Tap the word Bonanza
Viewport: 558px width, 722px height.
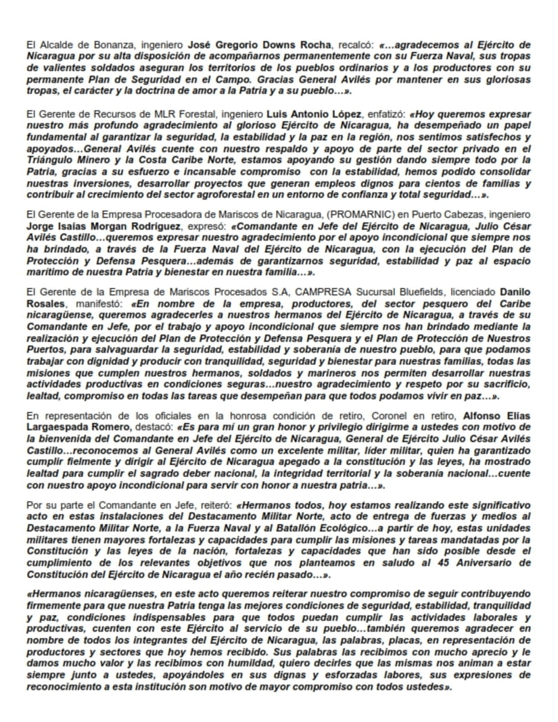click(93, 45)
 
